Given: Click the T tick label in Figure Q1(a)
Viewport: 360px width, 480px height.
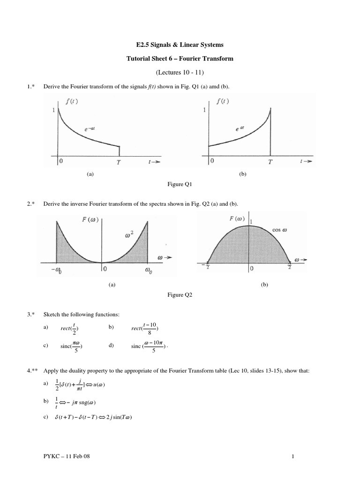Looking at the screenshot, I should (119, 162).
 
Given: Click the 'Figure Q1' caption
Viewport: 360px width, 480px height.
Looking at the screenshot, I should (180, 185).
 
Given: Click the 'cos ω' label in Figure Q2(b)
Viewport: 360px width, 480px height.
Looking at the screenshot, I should (279, 230).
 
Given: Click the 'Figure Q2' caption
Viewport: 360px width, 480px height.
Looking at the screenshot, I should (180, 295).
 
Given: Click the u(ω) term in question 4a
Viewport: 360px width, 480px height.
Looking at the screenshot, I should (98, 385).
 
